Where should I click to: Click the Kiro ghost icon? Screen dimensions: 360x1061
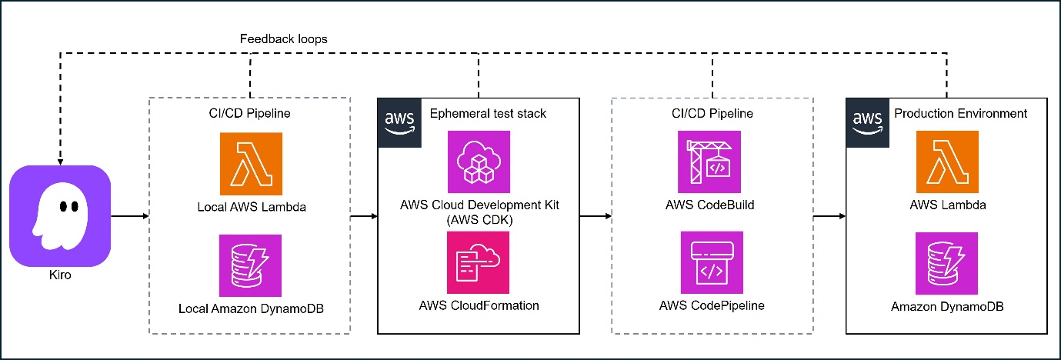coord(60,216)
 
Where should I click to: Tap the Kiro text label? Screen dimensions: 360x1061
coord(59,275)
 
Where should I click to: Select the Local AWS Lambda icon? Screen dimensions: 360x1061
coord(251,163)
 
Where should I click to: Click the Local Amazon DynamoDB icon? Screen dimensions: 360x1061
coord(251,265)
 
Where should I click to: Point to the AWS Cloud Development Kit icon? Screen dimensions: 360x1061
coord(479,162)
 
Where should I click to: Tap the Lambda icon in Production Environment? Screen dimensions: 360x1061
coord(947,162)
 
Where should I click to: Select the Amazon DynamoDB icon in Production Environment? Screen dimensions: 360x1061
coord(947,264)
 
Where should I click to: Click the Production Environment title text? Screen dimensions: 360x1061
coord(960,114)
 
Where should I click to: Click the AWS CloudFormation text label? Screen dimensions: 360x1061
coord(479,305)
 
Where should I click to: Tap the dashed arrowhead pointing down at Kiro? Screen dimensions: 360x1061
coord(60,161)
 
